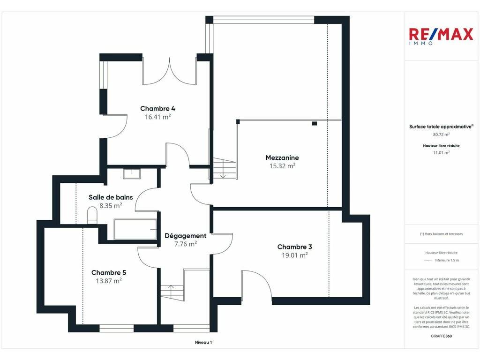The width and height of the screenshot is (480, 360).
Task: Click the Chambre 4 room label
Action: (x=157, y=108)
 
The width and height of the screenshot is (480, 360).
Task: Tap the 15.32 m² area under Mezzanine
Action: (x=282, y=166)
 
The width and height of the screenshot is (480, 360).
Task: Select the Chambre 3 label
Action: (x=294, y=247)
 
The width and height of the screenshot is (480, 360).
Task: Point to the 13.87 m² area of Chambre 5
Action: (x=109, y=281)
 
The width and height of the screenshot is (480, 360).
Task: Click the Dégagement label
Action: (x=186, y=236)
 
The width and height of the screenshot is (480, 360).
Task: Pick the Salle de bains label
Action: (x=111, y=197)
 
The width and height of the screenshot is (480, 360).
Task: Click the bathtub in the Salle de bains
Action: (x=135, y=229)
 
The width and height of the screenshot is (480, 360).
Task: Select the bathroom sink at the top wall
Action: (x=132, y=173)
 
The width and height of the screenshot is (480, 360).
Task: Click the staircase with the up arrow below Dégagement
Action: (x=172, y=292)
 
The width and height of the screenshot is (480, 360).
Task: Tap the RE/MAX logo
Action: (x=441, y=36)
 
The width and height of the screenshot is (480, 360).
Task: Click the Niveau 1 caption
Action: (x=203, y=342)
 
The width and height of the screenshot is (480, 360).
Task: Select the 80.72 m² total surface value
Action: (x=441, y=135)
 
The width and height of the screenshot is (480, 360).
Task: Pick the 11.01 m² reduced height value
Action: (x=441, y=152)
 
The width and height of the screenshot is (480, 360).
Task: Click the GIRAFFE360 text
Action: (x=441, y=336)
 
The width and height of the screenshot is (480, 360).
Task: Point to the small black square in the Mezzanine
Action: (x=315, y=123)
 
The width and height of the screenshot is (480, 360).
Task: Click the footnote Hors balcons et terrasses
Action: (x=441, y=234)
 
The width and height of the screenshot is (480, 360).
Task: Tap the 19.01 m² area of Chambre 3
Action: (x=294, y=255)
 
